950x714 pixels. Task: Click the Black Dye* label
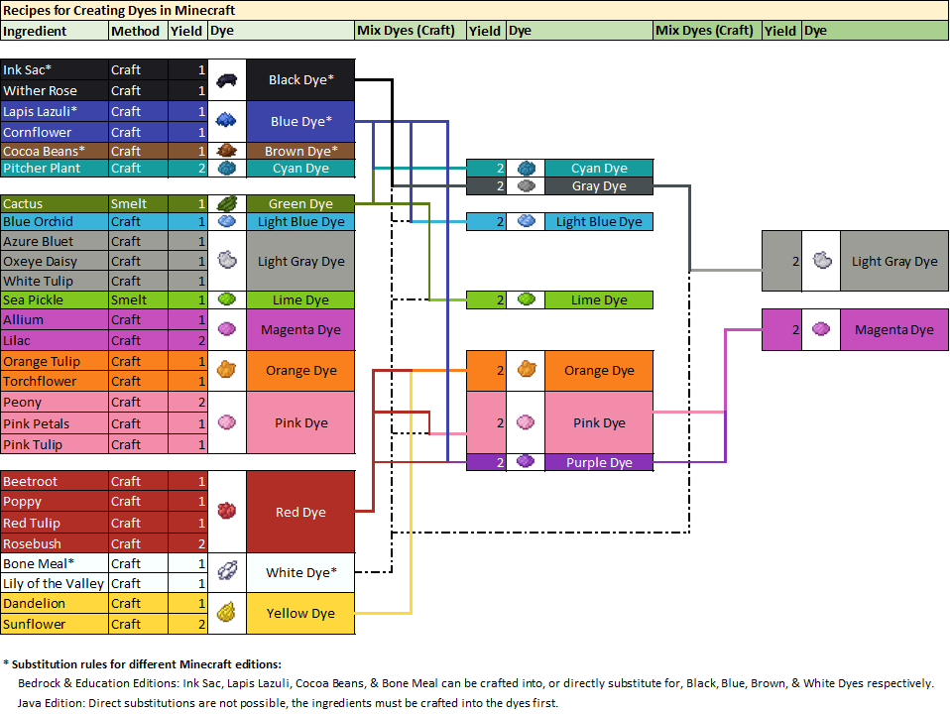point(300,80)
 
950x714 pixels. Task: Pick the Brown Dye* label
point(300,152)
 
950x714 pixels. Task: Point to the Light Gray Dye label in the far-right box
point(893,262)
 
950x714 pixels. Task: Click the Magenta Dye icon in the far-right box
point(820,330)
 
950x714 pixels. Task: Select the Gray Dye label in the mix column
point(599,186)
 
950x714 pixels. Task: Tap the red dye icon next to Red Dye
point(226,512)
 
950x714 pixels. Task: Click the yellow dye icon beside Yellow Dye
point(226,613)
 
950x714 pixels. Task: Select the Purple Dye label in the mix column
point(599,462)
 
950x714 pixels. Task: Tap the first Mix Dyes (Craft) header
point(405,31)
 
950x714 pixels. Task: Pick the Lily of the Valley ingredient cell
point(55,584)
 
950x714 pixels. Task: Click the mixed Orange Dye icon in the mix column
point(526,370)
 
